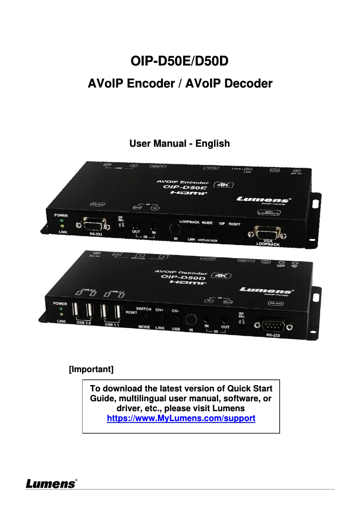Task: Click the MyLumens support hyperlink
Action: pos(181,418)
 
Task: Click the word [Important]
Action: pos(91,369)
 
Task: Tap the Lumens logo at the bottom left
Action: pos(51,484)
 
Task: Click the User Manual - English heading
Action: pos(180,144)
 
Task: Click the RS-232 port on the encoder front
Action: pos(92,223)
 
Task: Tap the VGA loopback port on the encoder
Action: pos(267,232)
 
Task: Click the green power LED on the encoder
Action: pos(61,221)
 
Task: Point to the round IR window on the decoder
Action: pos(191,320)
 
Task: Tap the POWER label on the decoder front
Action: pos(60,303)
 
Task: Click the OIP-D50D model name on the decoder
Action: pos(181,278)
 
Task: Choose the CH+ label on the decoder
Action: pos(159,310)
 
